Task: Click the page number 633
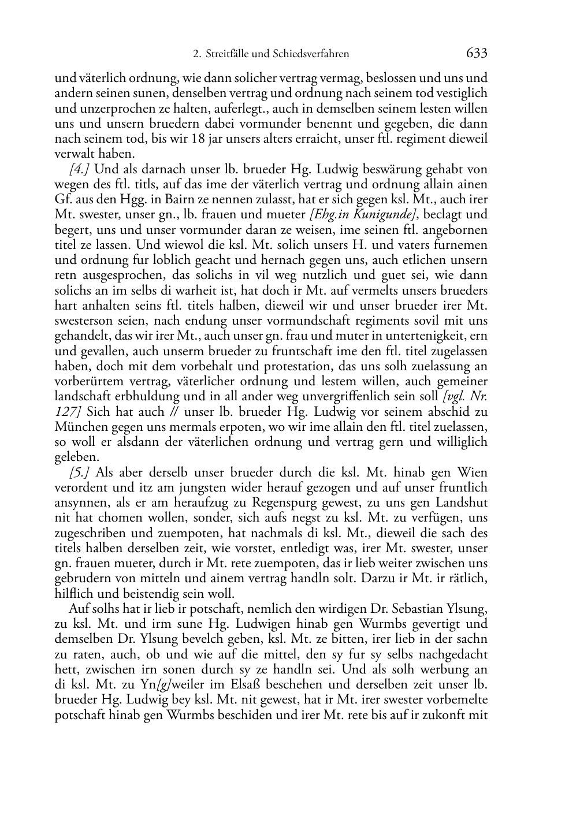click(477, 54)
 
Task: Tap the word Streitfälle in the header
click(228, 54)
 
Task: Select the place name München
click(80, 427)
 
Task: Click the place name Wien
click(472, 472)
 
